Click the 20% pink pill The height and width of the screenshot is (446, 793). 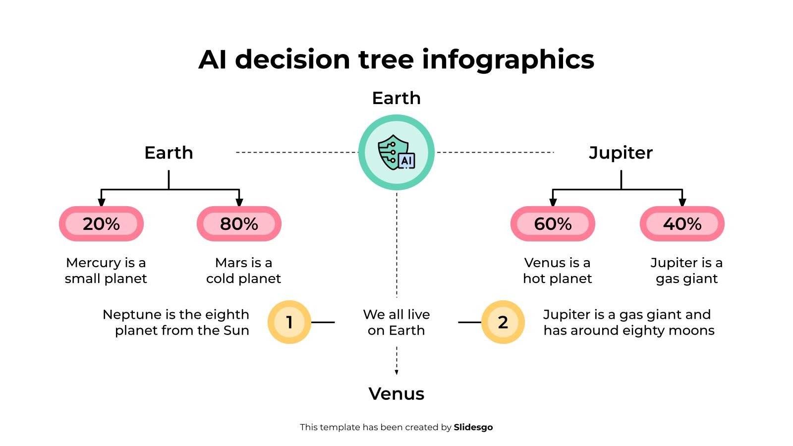pyautogui.click(x=101, y=224)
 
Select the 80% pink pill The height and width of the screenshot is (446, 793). pyautogui.click(x=239, y=224)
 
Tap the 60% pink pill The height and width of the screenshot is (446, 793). pyautogui.click(x=553, y=224)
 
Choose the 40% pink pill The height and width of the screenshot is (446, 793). pyautogui.click(x=682, y=224)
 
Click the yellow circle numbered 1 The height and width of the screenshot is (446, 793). pyautogui.click(x=289, y=322)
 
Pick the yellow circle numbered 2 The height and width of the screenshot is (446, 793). pyautogui.click(x=503, y=322)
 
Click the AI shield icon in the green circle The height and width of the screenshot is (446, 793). pyautogui.click(x=396, y=153)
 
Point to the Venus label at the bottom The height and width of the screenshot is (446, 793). pyautogui.click(x=396, y=394)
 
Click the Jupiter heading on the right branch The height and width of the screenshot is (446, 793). pyautogui.click(x=621, y=153)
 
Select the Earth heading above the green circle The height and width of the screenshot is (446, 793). pyautogui.click(x=396, y=98)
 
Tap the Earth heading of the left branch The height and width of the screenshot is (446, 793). pyautogui.click(x=169, y=153)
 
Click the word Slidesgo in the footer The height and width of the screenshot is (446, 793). pyautogui.click(x=473, y=427)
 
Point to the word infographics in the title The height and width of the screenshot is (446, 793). pyautogui.click(x=508, y=59)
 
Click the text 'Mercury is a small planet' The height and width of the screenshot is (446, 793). pyautogui.click(x=106, y=271)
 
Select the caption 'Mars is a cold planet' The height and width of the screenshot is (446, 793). pyautogui.click(x=243, y=271)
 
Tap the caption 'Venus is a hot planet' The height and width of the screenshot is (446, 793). pyautogui.click(x=557, y=271)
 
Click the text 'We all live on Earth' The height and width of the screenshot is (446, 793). pyautogui.click(x=396, y=322)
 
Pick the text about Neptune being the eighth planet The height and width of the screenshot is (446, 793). pyautogui.click(x=176, y=322)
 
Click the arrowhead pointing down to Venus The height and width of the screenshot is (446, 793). pyautogui.click(x=396, y=372)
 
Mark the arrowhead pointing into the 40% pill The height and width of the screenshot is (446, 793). pyautogui.click(x=682, y=202)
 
